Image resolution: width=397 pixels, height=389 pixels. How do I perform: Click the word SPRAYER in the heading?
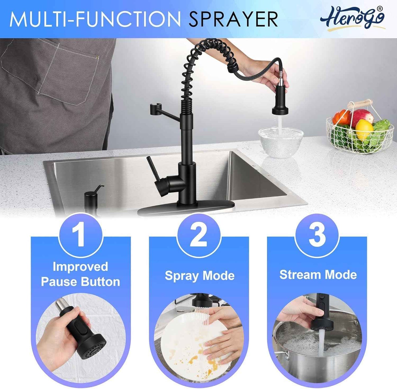(233, 19)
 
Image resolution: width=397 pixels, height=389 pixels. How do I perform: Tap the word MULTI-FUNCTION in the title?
(95, 19)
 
